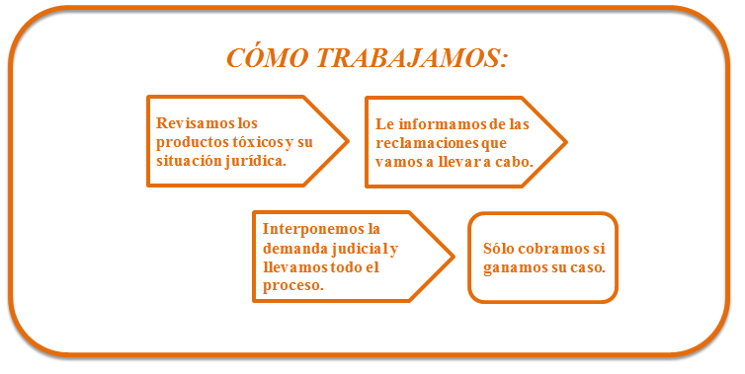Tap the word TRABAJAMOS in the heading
tap(414, 58)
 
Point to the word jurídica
tap(256, 160)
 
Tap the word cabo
tap(514, 161)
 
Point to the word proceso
tap(293, 285)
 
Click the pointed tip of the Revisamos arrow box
tap(348, 140)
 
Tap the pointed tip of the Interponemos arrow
tap(455, 257)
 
